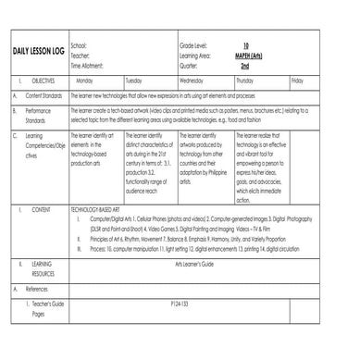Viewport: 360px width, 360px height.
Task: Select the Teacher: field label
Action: [80, 51]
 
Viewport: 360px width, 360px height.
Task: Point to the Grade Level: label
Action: [193, 43]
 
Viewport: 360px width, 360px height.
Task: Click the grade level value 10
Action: [245, 43]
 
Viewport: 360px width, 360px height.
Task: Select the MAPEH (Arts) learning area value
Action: [245, 51]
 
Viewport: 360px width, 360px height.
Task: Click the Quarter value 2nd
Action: [244, 58]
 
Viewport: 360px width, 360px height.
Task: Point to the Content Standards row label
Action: [43, 95]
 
